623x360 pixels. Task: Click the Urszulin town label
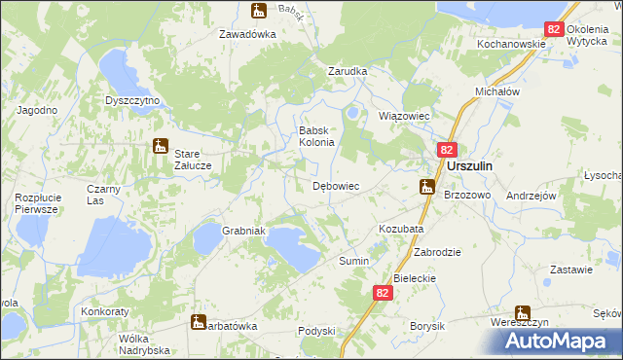point(469,166)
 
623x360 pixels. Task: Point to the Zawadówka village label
point(247,33)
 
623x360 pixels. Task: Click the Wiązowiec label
point(403,116)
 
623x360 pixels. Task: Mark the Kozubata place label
point(400,229)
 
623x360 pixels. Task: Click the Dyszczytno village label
point(132,100)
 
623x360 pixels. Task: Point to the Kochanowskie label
point(510,45)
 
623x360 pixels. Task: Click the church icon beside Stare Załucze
point(161,147)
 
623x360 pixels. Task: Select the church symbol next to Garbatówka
point(199,321)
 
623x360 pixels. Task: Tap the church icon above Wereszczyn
point(523,313)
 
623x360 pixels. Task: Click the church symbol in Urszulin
point(426,187)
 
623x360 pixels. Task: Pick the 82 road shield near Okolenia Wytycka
point(554,30)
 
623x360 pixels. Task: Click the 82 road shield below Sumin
point(383,292)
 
